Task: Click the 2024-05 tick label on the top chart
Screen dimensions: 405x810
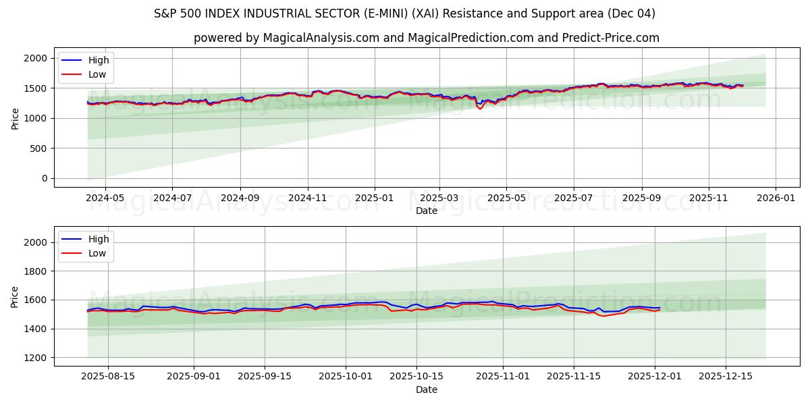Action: tap(105, 198)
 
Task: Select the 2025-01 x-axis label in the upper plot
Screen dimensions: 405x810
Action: tap(373, 198)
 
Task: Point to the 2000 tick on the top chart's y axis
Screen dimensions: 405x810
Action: tap(36, 59)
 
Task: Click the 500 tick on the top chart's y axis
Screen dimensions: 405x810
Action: tap(39, 148)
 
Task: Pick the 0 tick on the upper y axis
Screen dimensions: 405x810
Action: tap(45, 178)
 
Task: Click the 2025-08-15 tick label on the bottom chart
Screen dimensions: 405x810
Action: tap(107, 377)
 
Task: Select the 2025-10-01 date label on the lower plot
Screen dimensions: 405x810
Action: tap(346, 377)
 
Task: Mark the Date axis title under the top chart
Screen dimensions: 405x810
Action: tap(427, 211)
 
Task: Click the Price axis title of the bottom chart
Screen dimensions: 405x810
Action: tap(15, 296)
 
